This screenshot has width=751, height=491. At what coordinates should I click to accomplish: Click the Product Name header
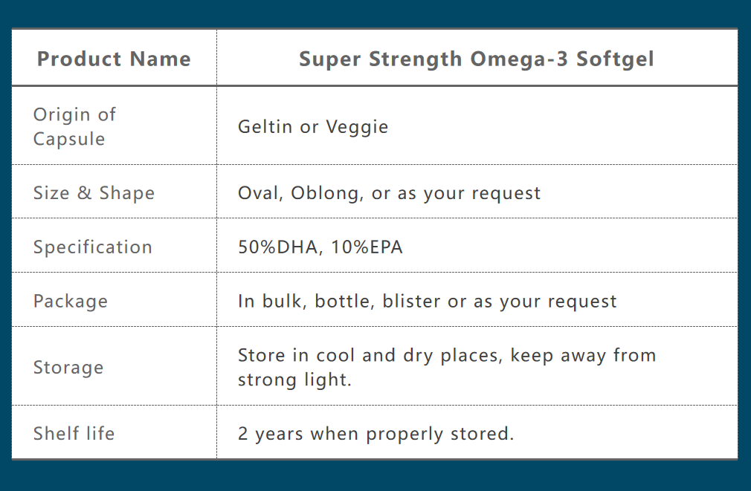click(x=114, y=59)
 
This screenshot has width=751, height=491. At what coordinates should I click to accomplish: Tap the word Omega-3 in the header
click(x=519, y=59)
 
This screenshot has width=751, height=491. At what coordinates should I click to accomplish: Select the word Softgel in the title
click(x=615, y=59)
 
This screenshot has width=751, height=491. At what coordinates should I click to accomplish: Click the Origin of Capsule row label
click(x=74, y=126)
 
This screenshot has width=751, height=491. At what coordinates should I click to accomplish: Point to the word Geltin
click(x=265, y=126)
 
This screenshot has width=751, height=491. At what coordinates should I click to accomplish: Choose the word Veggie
click(x=357, y=127)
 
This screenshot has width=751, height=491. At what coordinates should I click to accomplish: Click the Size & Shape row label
click(x=94, y=193)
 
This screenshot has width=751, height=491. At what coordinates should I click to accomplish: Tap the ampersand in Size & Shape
click(x=84, y=192)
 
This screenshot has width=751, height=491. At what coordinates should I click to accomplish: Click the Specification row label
click(x=92, y=247)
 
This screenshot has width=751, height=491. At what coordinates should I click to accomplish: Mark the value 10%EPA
click(x=367, y=247)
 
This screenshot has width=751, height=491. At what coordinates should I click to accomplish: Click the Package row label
click(x=71, y=302)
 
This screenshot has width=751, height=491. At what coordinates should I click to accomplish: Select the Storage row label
click(x=68, y=368)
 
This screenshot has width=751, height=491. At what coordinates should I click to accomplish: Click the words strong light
click(x=294, y=380)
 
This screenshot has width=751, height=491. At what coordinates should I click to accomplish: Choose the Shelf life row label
click(x=74, y=434)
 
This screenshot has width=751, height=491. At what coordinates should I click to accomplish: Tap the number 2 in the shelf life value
click(x=243, y=434)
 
